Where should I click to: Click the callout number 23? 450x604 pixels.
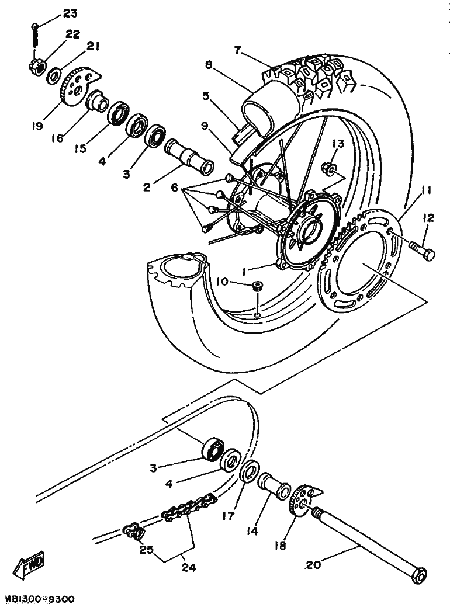coord(70,13)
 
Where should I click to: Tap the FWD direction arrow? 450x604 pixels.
coord(29,565)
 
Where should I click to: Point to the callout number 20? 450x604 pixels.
coord(313,565)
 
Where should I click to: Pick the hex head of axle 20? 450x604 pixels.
coord(419,575)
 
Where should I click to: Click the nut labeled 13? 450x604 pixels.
coord(328,169)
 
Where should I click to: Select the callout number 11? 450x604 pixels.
coord(425,190)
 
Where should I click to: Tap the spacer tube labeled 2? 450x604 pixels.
coord(189,158)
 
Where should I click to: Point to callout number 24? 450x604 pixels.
coord(188,567)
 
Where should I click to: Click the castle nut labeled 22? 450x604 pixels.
coord(36,66)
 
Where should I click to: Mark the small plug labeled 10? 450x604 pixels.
coord(257,286)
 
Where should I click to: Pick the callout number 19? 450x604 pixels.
coord(37,126)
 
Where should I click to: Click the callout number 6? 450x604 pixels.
coord(175,188)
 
